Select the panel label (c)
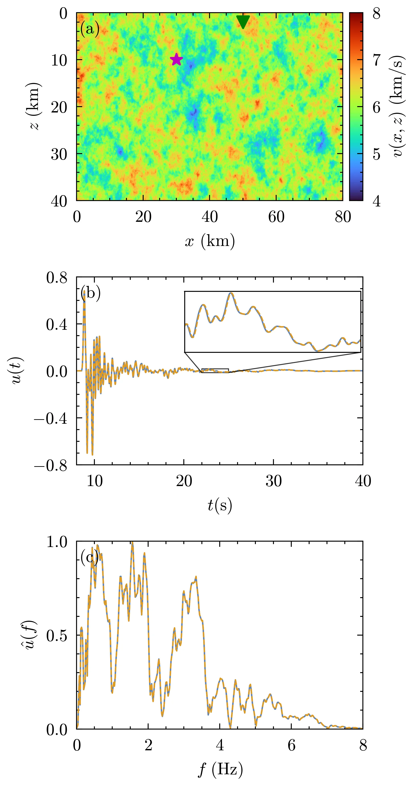[x=89, y=557]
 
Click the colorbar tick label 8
[x=377, y=14]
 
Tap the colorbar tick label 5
[x=377, y=154]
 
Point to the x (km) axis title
[x=210, y=241]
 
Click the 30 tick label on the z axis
[x=59, y=154]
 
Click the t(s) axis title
[x=220, y=505]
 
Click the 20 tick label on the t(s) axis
[x=184, y=481]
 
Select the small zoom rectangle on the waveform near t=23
[x=215, y=370]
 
